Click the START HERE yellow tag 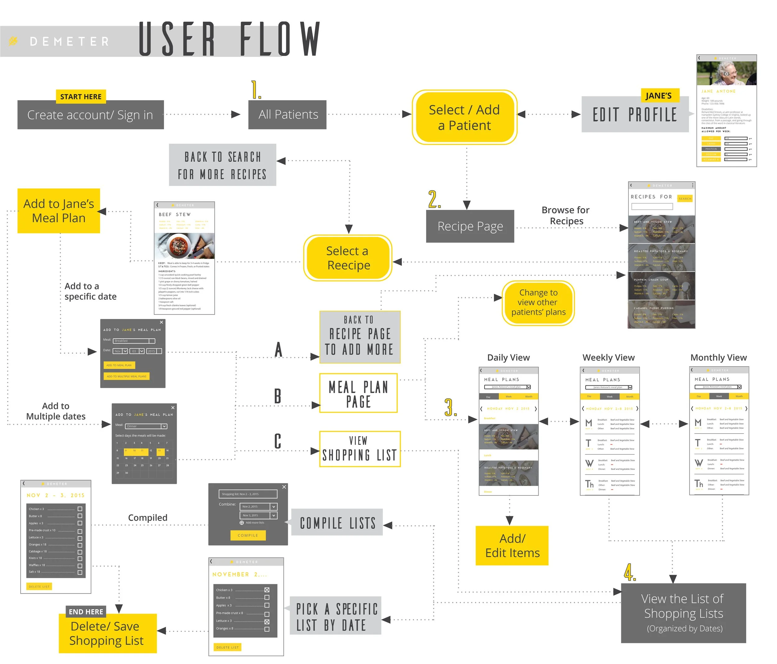[x=80, y=96]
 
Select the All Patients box [x=287, y=114]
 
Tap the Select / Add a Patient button [x=464, y=118]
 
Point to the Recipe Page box [x=470, y=226]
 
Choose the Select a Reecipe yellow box [x=348, y=258]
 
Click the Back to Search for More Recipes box [x=222, y=165]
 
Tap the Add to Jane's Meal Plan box [x=58, y=211]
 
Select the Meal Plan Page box [x=358, y=393]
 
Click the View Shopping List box [x=360, y=449]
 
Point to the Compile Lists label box [x=337, y=522]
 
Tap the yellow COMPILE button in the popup [x=248, y=535]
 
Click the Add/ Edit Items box [x=512, y=546]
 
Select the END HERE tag [x=86, y=611]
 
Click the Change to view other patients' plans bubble [x=538, y=303]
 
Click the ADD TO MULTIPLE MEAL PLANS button [x=126, y=376]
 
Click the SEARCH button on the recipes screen [x=685, y=198]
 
